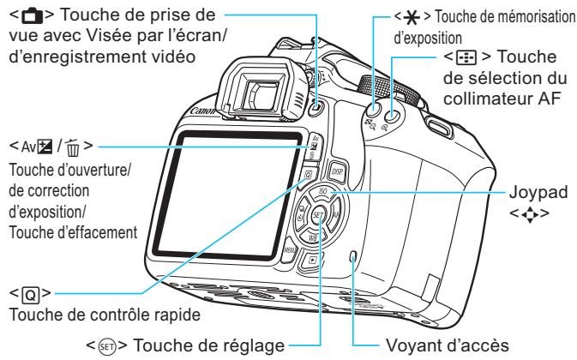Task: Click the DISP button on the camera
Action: click(x=337, y=171)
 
